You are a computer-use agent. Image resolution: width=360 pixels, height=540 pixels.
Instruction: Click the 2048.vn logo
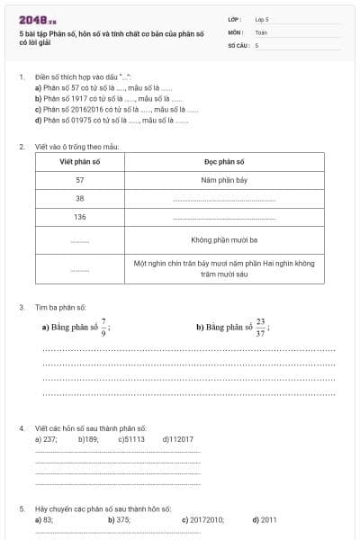[38, 19]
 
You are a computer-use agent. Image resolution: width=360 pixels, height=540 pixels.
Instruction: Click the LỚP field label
[235, 19]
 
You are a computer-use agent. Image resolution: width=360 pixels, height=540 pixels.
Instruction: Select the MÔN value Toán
[261, 31]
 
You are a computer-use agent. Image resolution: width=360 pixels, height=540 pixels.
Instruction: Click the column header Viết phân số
[79, 161]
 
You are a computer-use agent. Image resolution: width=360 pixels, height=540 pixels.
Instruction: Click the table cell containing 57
[79, 180]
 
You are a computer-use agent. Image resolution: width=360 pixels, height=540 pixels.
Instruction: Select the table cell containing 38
[79, 199]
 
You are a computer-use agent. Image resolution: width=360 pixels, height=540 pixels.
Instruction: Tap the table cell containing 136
[79, 218]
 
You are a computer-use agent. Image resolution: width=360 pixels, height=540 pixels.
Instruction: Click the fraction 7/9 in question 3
[103, 324]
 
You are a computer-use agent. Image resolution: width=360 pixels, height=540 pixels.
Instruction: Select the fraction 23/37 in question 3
[260, 326]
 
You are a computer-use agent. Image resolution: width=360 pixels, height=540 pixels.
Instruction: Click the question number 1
[21, 77]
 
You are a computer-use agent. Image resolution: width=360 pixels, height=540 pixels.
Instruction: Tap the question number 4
[21, 427]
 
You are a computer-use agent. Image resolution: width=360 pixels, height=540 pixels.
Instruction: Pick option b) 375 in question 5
[119, 519]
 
